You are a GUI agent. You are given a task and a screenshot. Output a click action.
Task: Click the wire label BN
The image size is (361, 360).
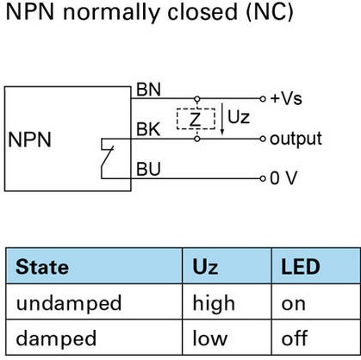(148, 90)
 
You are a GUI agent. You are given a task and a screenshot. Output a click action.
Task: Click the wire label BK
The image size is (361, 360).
(148, 129)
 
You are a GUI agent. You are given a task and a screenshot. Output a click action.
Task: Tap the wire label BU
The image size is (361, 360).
(148, 169)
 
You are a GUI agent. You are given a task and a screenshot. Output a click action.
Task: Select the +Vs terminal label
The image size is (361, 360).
(286, 99)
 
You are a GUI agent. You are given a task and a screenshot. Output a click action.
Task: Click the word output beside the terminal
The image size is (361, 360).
(296, 140)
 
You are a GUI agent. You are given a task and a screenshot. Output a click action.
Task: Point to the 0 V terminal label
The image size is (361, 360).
(283, 178)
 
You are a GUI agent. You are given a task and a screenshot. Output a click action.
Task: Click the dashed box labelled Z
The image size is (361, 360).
(196, 119)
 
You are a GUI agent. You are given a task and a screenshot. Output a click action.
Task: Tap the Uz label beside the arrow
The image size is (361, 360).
(239, 117)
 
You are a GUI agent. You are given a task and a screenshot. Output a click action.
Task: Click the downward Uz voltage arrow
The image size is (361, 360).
(222, 119)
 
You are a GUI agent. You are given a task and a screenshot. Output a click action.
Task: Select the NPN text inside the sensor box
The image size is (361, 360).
(30, 140)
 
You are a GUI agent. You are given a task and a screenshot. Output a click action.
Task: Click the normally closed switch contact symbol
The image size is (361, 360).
(107, 158)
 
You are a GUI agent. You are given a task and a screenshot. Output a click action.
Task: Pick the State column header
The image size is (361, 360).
(42, 267)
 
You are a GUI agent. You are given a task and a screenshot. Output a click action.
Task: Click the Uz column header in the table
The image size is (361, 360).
(205, 267)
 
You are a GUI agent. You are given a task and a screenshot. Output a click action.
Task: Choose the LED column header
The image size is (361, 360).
(301, 267)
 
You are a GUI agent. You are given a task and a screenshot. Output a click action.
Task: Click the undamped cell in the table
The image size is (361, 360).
(69, 302)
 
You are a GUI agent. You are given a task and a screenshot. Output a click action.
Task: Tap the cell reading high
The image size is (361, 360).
(214, 303)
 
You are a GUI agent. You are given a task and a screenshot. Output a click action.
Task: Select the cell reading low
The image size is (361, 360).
(210, 338)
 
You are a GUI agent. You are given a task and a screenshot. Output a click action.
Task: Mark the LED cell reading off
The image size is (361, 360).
(295, 338)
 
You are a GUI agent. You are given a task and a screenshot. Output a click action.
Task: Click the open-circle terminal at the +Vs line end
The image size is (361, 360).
(263, 99)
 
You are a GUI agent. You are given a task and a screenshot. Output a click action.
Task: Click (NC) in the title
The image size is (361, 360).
(270, 12)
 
